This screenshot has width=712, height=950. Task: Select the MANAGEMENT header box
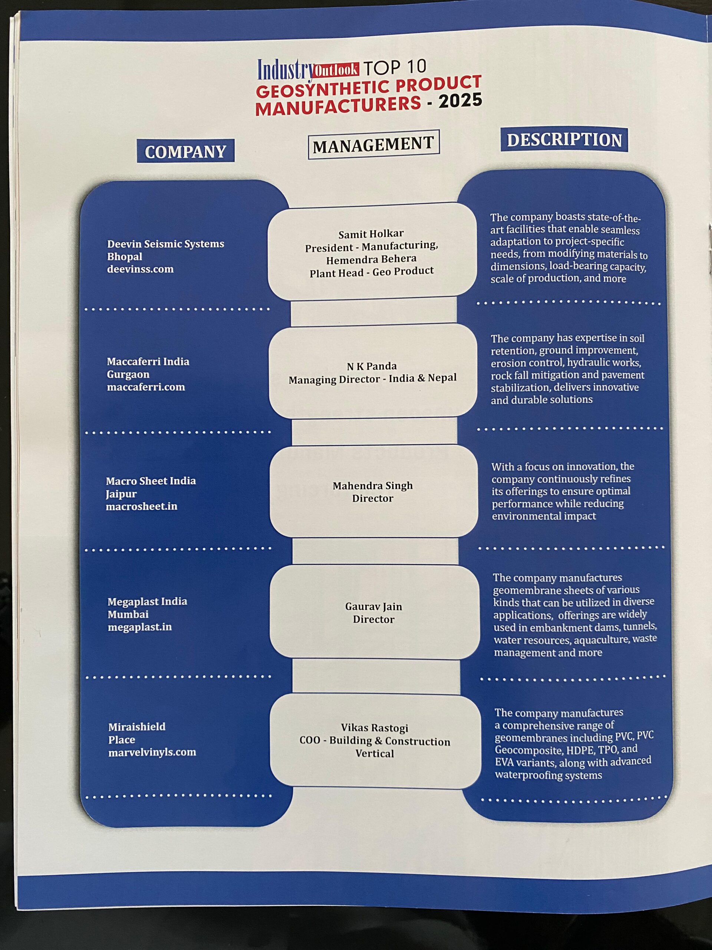click(x=373, y=144)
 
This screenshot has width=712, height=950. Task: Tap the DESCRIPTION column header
click(x=564, y=140)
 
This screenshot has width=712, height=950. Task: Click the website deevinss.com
click(x=140, y=269)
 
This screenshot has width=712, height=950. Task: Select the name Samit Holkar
click(x=371, y=234)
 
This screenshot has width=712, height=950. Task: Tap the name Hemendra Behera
click(x=371, y=259)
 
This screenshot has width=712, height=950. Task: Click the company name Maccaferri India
click(x=148, y=361)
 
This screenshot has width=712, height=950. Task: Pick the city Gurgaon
click(x=128, y=374)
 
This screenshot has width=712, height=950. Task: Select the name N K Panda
click(x=372, y=366)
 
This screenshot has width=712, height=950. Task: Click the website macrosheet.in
click(x=141, y=506)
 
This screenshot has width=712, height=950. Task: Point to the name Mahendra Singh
click(x=373, y=486)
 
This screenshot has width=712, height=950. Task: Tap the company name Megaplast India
click(x=147, y=601)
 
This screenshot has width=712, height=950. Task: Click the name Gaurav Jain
click(x=373, y=606)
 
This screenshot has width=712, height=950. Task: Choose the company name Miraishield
click(x=136, y=727)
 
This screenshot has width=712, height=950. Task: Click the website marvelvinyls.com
click(x=152, y=752)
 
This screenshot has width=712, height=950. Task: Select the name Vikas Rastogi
click(x=374, y=728)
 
